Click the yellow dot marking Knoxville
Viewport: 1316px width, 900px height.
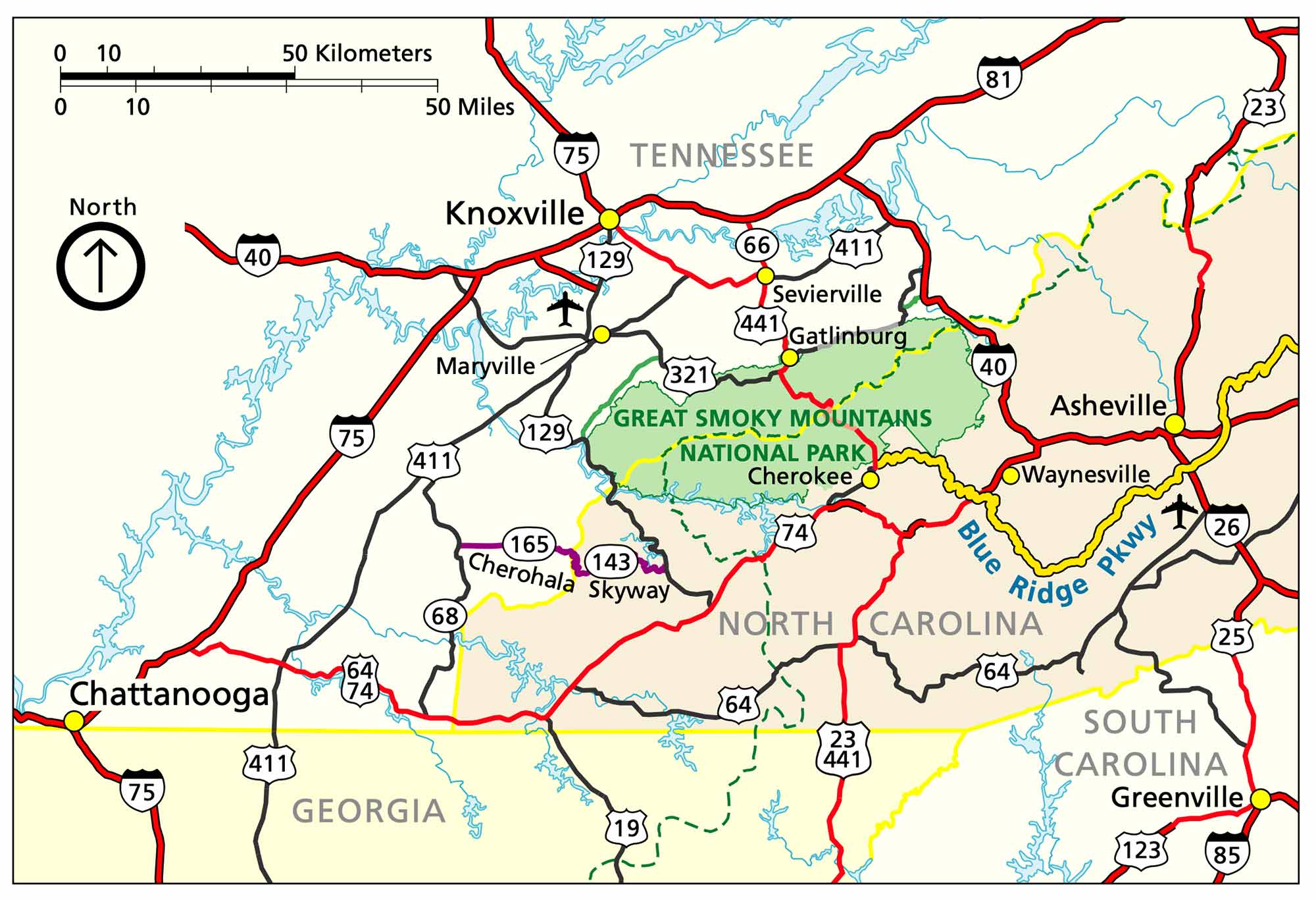(x=609, y=219)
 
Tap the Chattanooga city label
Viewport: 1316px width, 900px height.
(x=169, y=695)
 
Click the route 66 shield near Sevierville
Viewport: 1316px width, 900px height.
(x=756, y=245)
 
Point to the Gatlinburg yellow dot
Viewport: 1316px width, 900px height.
(x=790, y=357)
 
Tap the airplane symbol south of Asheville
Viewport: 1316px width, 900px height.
(x=1179, y=513)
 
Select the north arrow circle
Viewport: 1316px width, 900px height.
(x=101, y=266)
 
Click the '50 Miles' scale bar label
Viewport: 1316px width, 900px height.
(x=469, y=107)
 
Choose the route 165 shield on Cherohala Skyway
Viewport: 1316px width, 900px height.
(x=529, y=544)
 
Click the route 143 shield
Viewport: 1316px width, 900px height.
(x=611, y=562)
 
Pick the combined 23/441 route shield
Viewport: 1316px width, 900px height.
(x=842, y=749)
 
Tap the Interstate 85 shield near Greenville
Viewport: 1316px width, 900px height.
(x=1227, y=854)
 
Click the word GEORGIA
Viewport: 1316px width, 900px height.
(x=368, y=811)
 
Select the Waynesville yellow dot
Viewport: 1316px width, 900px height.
(x=1011, y=475)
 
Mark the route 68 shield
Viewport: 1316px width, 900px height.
(x=445, y=616)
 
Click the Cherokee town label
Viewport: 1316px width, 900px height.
(x=799, y=476)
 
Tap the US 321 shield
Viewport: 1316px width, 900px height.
(x=689, y=375)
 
